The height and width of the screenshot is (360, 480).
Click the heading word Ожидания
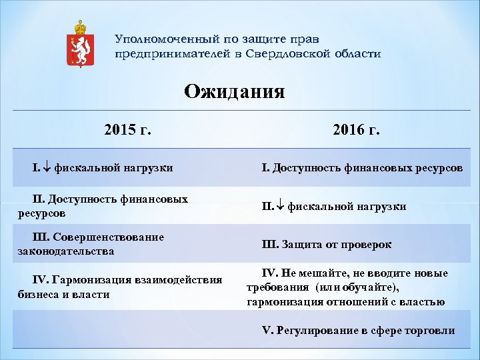click(x=235, y=91)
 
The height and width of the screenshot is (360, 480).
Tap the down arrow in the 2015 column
click(x=49, y=168)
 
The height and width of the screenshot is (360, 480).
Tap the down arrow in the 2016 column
click(x=282, y=207)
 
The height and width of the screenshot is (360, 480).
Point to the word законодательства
click(x=66, y=251)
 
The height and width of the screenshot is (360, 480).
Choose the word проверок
click(x=367, y=245)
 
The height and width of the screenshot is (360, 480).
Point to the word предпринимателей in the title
click(x=173, y=54)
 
